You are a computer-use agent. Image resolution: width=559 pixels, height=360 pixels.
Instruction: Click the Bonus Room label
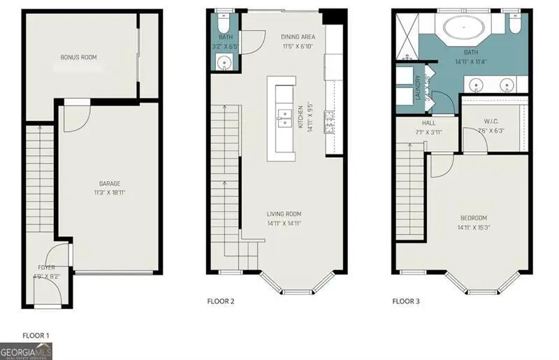[78, 57]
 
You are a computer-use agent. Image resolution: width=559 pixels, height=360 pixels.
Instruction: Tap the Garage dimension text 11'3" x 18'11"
[109, 192]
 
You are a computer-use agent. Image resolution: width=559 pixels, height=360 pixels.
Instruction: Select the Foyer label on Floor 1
[47, 268]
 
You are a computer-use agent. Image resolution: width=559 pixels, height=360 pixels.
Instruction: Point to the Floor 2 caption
[221, 301]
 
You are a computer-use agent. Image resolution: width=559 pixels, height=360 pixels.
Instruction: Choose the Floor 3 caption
[406, 301]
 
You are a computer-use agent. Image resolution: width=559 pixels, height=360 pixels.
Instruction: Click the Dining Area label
[298, 37]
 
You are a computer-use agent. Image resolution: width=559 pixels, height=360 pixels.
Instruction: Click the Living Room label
[284, 214]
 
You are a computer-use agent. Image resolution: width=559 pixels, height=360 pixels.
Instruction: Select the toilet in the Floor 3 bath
[515, 25]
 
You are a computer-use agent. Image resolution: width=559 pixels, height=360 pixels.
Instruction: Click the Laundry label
[419, 89]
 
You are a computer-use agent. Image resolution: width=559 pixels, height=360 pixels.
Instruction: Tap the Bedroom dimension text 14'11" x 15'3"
[473, 227]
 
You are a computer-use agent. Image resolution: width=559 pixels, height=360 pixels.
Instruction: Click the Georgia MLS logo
[26, 350]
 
